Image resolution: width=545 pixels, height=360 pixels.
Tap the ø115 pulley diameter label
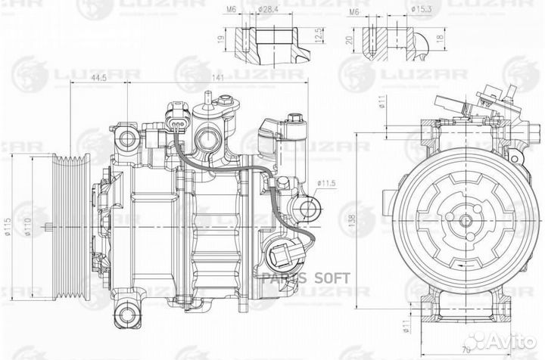pyautogui.click(x=8, y=226)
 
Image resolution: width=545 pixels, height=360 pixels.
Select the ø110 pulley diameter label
pyautogui.click(x=29, y=226)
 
